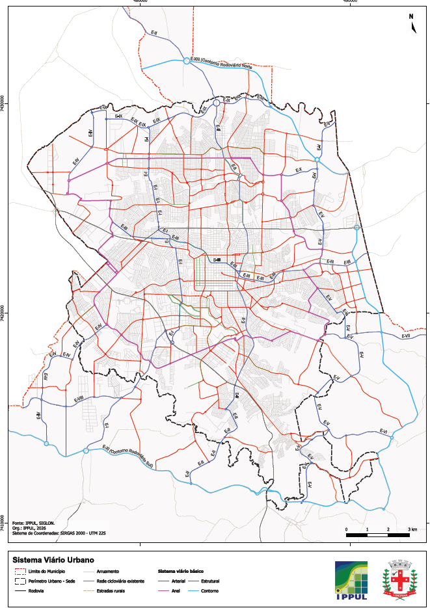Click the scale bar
coord(377,533)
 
